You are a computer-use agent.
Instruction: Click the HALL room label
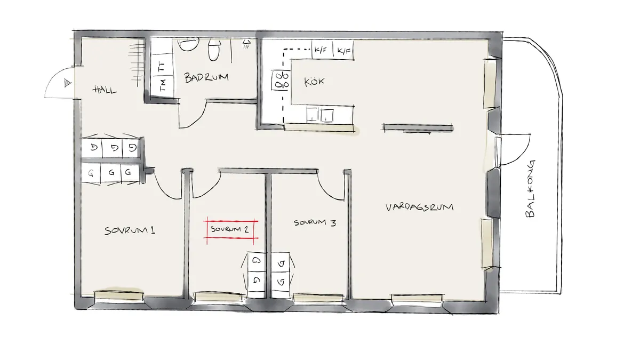pos(105,89)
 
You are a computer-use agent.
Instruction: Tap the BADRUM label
pos(206,78)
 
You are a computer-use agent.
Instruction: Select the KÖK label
pos(314,82)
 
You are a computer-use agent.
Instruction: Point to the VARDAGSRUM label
pos(419,207)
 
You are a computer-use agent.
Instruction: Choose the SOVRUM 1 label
pos(130,231)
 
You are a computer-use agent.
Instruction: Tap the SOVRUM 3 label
pos(315,223)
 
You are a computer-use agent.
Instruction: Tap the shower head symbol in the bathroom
pos(246,44)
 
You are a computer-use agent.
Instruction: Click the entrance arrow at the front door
pos(67,82)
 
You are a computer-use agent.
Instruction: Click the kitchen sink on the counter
pos(320,114)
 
